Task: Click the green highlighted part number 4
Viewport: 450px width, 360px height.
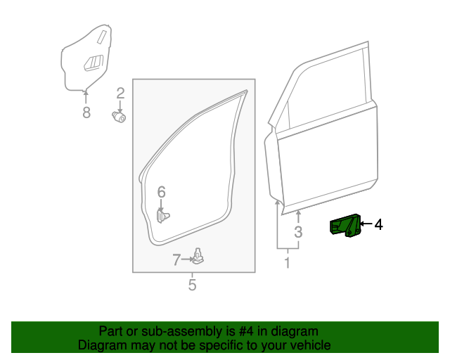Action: click(x=345, y=226)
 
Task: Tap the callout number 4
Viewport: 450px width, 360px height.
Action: click(x=378, y=225)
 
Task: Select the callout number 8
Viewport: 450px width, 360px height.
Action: click(x=86, y=112)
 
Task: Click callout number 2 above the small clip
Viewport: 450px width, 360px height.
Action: click(x=120, y=93)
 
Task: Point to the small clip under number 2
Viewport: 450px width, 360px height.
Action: click(x=120, y=117)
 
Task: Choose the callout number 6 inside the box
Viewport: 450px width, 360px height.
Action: click(x=161, y=192)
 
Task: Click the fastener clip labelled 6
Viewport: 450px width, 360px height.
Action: click(x=164, y=215)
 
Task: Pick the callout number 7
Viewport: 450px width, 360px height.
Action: click(x=177, y=260)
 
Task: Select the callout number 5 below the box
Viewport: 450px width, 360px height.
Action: click(x=192, y=285)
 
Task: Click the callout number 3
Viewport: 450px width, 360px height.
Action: click(x=298, y=232)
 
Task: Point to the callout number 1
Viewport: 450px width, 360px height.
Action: click(x=287, y=263)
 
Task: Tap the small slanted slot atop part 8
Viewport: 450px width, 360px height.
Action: click(x=103, y=37)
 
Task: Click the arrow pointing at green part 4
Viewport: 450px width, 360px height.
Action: click(x=366, y=225)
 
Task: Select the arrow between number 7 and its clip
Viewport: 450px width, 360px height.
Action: click(x=188, y=259)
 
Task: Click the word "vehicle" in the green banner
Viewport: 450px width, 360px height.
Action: click(x=309, y=345)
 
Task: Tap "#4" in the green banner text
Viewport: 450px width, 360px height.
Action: click(x=245, y=331)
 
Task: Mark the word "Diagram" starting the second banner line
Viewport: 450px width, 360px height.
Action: click(x=101, y=345)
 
